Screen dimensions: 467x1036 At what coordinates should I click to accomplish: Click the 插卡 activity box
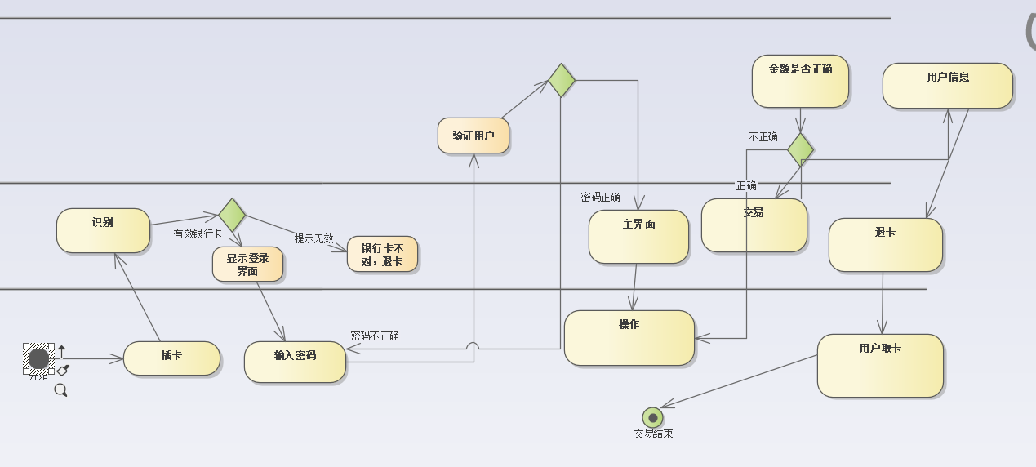[x=171, y=358]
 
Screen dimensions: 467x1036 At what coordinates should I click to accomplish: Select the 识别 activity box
[x=103, y=230]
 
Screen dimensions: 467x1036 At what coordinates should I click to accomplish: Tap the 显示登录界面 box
[x=248, y=265]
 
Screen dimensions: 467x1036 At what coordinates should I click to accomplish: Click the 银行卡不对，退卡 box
[x=382, y=255]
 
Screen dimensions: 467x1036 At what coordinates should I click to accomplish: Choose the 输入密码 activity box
[x=295, y=362]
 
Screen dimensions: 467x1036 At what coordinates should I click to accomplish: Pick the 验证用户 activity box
[x=474, y=136]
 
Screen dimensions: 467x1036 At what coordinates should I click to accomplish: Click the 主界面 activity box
[x=638, y=237]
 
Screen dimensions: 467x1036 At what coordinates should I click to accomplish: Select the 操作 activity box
[x=629, y=337]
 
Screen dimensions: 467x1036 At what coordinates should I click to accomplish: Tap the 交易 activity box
[x=754, y=225]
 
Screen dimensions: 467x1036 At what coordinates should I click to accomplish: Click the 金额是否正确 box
[x=800, y=81]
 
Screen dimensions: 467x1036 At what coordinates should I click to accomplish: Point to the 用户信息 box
[x=947, y=86]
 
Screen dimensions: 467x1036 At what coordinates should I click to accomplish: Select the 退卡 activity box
[x=885, y=244]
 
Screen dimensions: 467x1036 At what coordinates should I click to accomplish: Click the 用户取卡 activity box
[x=880, y=365]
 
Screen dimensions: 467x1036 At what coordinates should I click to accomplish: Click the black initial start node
[x=38, y=358]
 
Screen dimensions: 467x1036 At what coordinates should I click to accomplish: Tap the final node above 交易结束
[x=652, y=417]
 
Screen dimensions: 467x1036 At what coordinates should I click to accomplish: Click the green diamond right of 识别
[x=232, y=215]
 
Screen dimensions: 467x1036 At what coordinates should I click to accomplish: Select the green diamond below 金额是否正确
[x=800, y=149]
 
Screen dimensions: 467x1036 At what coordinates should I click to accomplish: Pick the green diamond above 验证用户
[x=561, y=80]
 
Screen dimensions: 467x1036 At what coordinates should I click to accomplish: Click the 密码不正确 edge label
[x=375, y=336]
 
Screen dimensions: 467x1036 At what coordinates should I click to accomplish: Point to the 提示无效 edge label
[x=314, y=238]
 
